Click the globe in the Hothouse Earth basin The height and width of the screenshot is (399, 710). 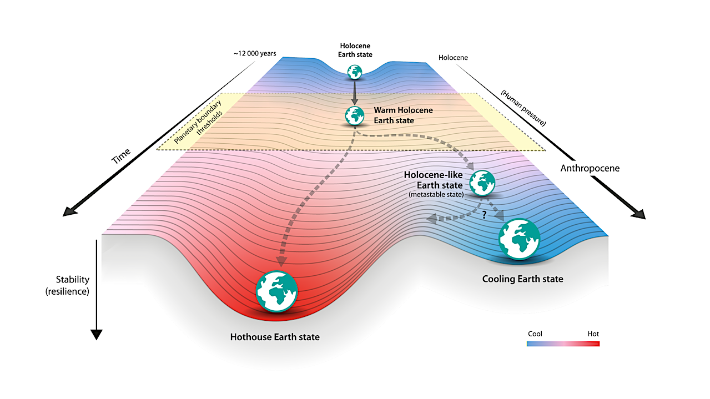click(x=276, y=291)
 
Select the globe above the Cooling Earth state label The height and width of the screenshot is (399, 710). click(x=519, y=239)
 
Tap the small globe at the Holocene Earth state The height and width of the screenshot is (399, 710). click(x=355, y=72)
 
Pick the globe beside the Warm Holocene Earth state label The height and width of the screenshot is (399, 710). click(x=355, y=115)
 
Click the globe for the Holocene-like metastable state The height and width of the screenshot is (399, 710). click(x=482, y=183)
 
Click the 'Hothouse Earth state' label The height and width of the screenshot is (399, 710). click(x=275, y=337)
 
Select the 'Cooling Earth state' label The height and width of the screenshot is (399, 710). click(x=522, y=279)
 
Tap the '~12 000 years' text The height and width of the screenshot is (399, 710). click(x=255, y=54)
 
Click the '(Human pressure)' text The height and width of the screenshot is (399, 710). click(x=523, y=108)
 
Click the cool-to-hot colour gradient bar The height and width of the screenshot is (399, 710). click(x=563, y=344)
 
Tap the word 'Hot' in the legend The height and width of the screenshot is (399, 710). click(x=593, y=334)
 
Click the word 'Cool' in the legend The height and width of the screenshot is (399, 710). click(x=535, y=334)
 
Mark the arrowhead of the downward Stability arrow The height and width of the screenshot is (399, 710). click(x=96, y=334)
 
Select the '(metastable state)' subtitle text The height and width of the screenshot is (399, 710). click(x=436, y=194)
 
